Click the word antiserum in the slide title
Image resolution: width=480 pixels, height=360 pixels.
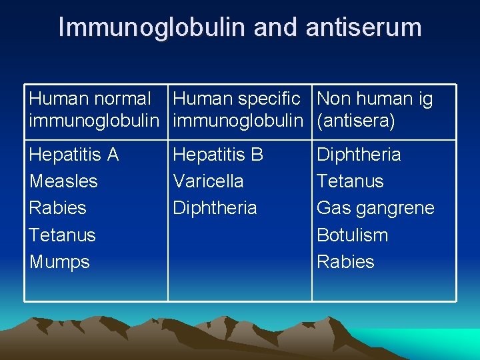363,28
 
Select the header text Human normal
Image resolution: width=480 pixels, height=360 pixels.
90,99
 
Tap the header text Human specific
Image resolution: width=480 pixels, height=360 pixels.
237,99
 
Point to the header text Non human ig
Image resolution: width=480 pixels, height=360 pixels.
375,99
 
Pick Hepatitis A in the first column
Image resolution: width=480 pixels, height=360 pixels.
74,155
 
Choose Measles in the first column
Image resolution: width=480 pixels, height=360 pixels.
63,181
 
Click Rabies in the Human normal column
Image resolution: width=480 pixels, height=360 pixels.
58,208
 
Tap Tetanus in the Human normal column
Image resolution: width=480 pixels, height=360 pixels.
63,235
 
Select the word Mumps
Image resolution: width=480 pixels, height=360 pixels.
59,262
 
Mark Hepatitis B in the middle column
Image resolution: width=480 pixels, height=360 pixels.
218,155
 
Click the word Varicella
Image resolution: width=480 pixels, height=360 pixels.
208,181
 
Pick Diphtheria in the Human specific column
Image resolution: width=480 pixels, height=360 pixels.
215,208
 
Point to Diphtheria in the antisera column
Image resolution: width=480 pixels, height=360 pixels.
359,155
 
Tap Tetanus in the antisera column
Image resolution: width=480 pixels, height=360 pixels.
350,181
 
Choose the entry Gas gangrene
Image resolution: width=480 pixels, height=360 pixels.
375,208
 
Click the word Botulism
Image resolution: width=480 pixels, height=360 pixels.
352,235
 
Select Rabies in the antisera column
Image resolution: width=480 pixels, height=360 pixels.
345,262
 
